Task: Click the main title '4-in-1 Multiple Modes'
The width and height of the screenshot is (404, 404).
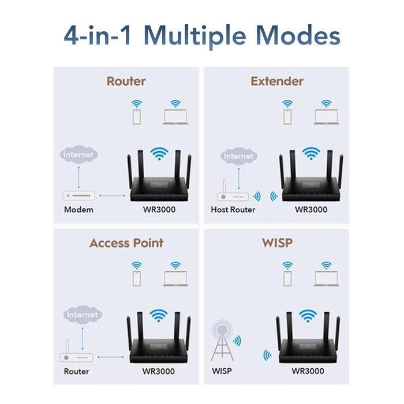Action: (x=201, y=35)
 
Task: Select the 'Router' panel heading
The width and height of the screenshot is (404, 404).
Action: (x=126, y=81)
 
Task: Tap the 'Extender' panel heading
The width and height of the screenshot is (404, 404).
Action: (x=276, y=81)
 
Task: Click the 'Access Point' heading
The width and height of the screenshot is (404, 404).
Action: (x=126, y=243)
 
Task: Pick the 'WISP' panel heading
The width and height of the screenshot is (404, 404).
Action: (x=276, y=243)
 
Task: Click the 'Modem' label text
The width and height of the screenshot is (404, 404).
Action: (x=77, y=210)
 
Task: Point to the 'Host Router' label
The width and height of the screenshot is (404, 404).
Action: (x=233, y=210)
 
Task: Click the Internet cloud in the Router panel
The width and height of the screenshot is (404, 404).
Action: (x=78, y=155)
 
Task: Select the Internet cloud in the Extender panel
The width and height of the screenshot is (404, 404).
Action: (x=238, y=156)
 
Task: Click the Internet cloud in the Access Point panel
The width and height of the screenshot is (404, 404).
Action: (x=83, y=315)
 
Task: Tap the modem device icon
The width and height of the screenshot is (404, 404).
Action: (x=78, y=195)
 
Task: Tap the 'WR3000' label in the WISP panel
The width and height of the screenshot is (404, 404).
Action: (x=308, y=371)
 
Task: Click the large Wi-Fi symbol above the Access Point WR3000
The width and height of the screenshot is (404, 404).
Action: (x=158, y=315)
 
